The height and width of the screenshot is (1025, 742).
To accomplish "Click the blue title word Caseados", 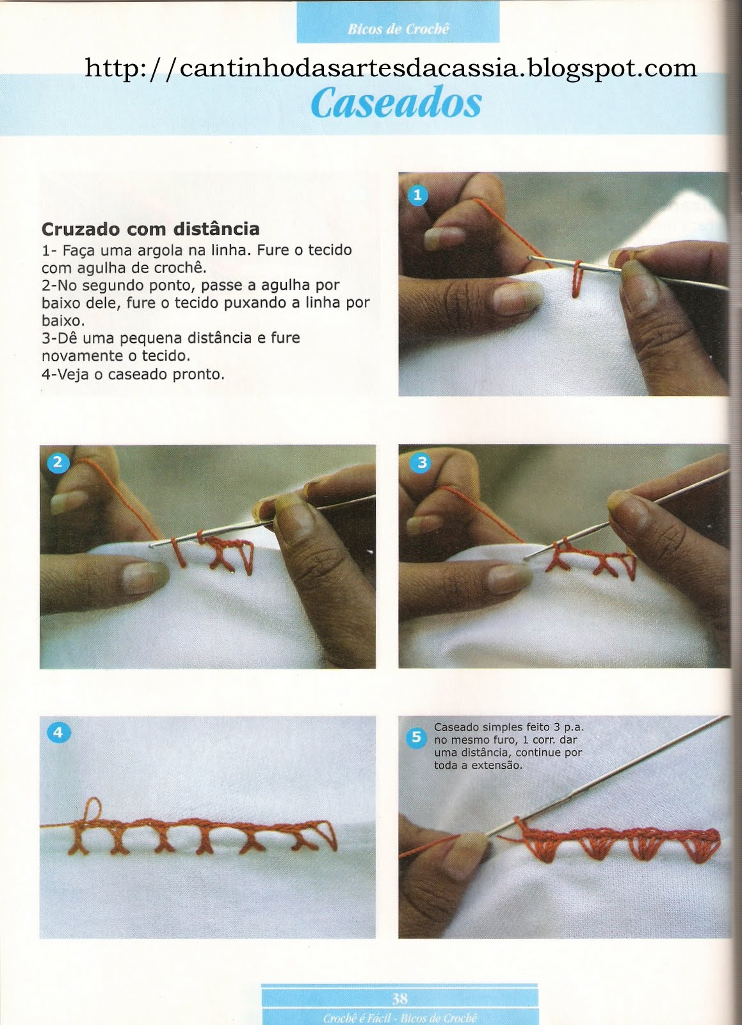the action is pyautogui.click(x=396, y=103).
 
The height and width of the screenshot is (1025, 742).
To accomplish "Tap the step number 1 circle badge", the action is pyautogui.click(x=417, y=195).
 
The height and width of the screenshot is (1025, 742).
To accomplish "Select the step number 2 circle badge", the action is pyautogui.click(x=58, y=463).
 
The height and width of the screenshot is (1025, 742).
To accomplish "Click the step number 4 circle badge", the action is pyautogui.click(x=58, y=733).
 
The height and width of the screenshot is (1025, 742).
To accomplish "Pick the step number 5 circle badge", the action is pyautogui.click(x=416, y=737).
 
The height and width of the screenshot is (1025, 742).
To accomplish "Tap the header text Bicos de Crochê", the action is pyautogui.click(x=398, y=29).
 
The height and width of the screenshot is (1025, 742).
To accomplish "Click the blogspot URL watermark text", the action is pyautogui.click(x=391, y=69).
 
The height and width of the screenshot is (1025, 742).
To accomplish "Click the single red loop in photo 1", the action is pyautogui.click(x=577, y=279).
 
